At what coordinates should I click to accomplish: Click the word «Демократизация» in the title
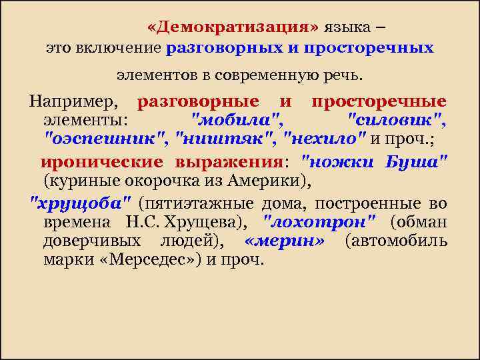point(233,27)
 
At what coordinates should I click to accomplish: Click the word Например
point(72,102)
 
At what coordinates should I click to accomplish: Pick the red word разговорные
point(198,102)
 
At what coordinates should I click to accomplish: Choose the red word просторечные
point(379,102)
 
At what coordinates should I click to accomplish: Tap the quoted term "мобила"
point(237,121)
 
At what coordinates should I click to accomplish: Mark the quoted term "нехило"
point(325,139)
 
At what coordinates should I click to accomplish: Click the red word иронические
point(101,162)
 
